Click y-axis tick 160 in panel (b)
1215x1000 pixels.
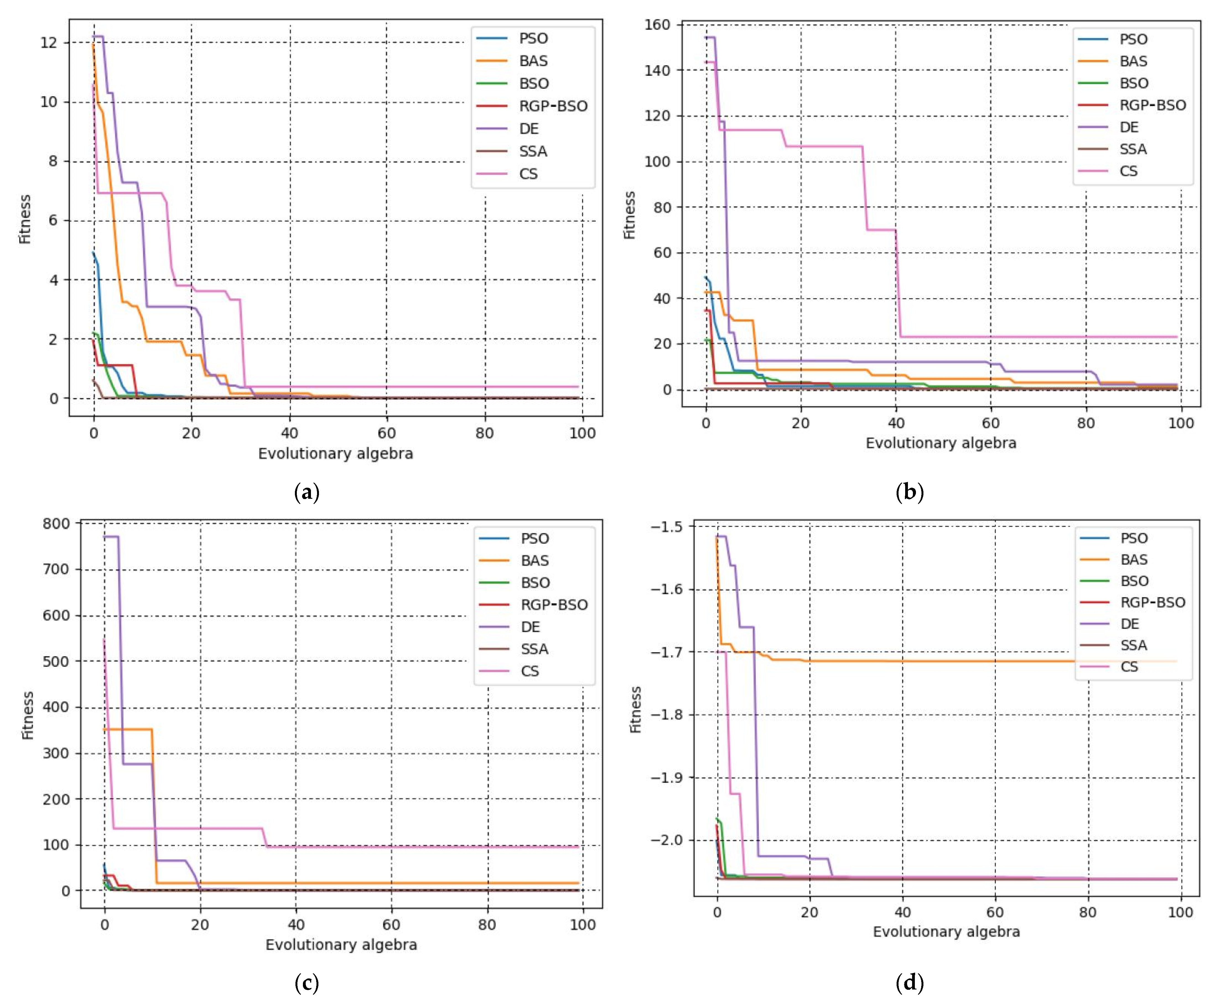pos(657,25)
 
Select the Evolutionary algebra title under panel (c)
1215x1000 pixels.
pos(341,945)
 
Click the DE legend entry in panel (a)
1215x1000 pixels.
pos(529,128)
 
